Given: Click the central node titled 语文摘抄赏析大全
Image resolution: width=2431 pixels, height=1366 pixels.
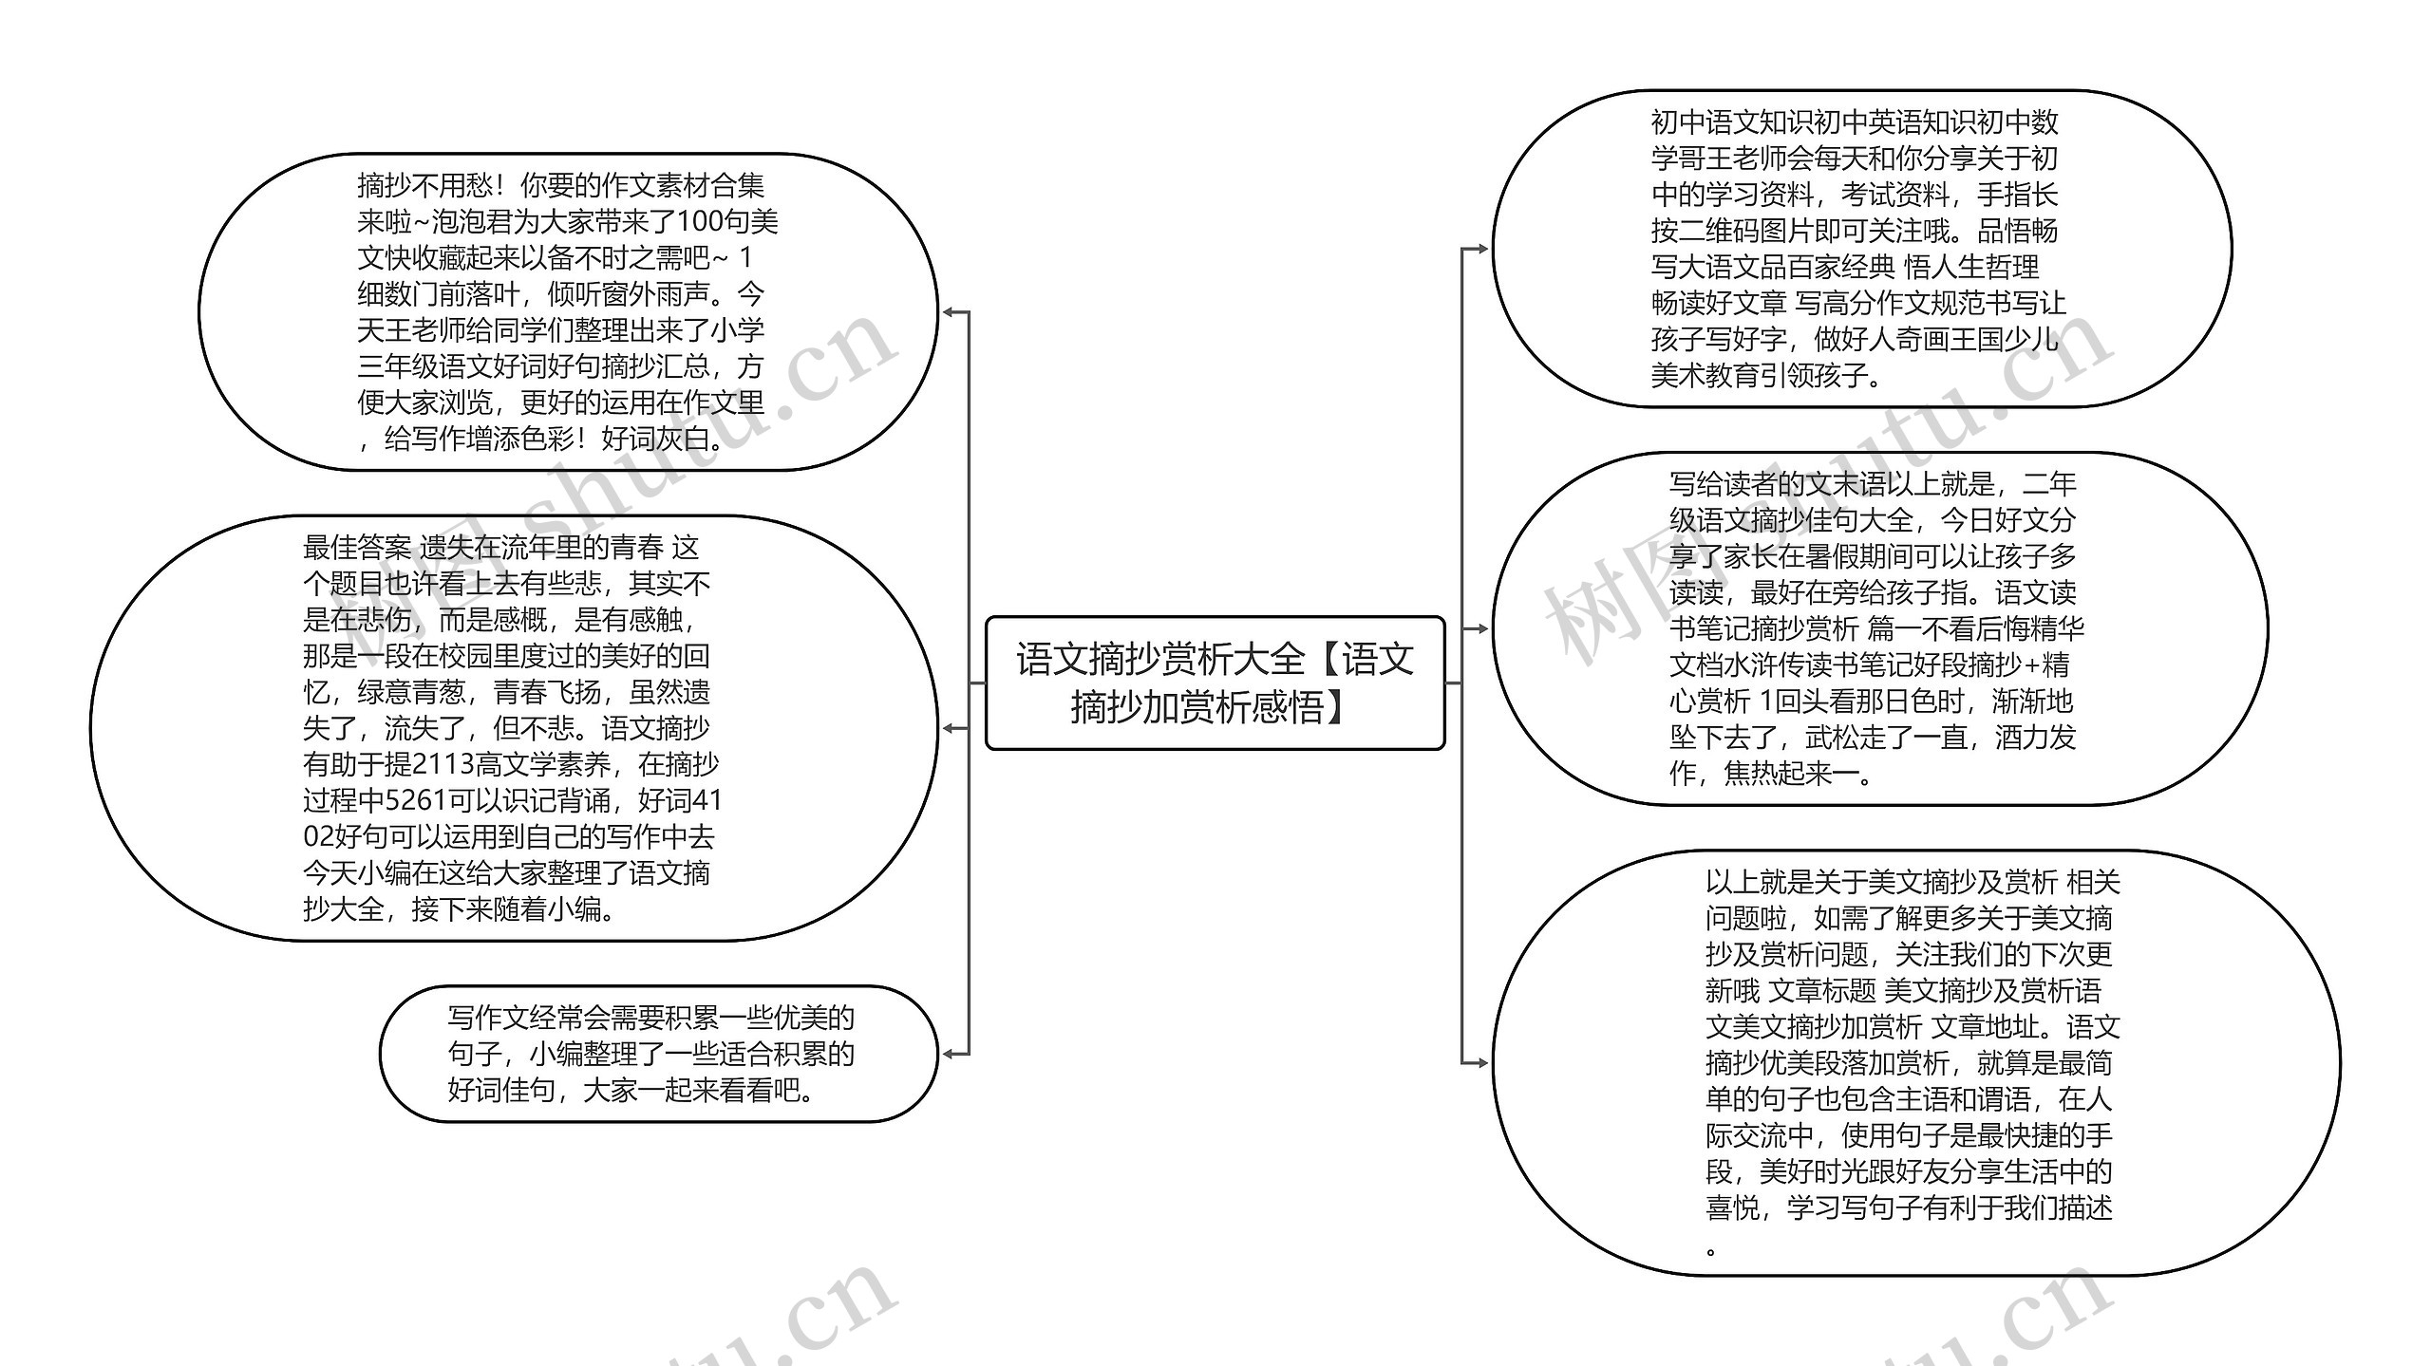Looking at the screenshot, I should click(1215, 683).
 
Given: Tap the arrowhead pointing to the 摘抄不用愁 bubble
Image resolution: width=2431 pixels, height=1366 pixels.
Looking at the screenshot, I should click(949, 312).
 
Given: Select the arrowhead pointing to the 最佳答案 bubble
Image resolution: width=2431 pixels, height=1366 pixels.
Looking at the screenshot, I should click(949, 728).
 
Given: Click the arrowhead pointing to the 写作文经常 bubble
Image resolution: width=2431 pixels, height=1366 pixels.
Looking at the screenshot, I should click(949, 1054).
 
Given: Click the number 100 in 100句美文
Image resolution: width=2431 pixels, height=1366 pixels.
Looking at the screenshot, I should click(701, 222).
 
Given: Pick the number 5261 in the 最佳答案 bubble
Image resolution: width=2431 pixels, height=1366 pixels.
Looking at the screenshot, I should click(416, 801).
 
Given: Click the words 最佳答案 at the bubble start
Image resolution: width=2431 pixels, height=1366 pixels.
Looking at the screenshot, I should click(357, 548).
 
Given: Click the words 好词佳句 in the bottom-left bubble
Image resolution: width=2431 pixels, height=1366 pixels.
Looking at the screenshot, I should click(501, 1091).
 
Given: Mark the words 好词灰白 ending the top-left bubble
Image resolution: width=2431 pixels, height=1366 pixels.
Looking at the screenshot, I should click(655, 440).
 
